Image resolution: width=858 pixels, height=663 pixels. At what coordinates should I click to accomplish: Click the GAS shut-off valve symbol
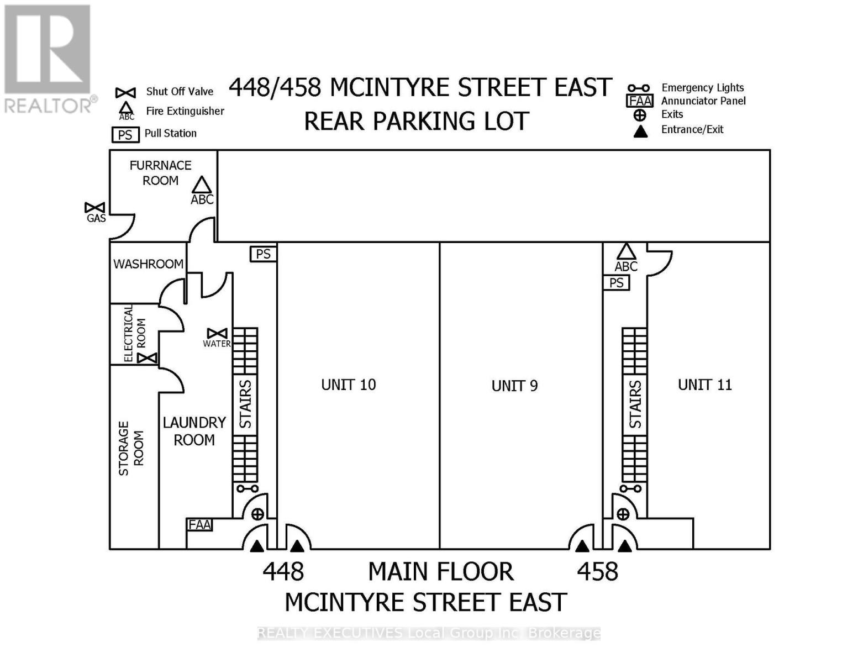point(94,208)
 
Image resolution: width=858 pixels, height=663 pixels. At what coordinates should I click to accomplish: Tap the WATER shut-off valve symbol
point(217,333)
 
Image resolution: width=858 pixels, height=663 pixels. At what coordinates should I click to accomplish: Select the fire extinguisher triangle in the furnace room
point(202,185)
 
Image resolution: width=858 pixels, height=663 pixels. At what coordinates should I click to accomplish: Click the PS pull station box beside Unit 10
point(263,254)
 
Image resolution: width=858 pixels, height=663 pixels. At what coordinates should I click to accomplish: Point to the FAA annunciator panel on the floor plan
point(199,524)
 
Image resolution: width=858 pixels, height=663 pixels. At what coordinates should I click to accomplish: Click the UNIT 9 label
point(514,386)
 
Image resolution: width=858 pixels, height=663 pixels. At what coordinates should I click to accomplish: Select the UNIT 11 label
point(704,385)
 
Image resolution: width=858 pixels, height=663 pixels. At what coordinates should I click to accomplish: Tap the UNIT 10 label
point(348,385)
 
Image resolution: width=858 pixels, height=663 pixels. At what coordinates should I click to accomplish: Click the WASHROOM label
point(148,264)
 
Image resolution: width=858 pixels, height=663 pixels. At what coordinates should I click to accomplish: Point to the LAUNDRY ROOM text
point(194,432)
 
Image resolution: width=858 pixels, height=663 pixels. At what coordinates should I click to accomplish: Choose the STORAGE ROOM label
point(131,448)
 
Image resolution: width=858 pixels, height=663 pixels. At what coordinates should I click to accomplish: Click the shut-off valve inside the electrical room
point(147,358)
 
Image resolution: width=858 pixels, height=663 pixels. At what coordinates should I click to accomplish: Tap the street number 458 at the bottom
point(597,571)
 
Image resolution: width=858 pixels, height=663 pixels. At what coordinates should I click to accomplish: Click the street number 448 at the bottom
point(283,571)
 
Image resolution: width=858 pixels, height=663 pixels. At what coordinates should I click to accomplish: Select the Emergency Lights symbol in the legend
point(638,88)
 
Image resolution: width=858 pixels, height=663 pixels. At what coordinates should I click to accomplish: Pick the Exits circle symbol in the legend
point(639,115)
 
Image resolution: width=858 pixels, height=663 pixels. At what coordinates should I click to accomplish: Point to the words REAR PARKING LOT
point(417,122)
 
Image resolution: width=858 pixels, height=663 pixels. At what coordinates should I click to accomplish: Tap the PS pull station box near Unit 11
point(616,283)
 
